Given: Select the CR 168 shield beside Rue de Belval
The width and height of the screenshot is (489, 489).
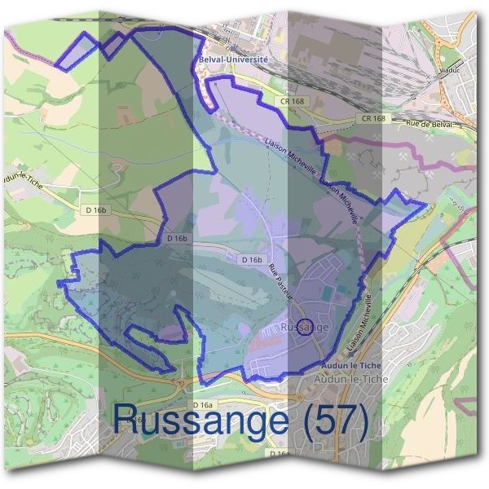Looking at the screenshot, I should (x=373, y=119).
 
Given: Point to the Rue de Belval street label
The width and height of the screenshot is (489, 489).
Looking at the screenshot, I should (x=428, y=124).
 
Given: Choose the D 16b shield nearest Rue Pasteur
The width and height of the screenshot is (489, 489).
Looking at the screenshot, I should (x=252, y=259).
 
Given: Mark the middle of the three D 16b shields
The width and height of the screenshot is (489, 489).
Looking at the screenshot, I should (x=177, y=239).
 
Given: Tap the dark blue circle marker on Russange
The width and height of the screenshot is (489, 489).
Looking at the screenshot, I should (x=304, y=328).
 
